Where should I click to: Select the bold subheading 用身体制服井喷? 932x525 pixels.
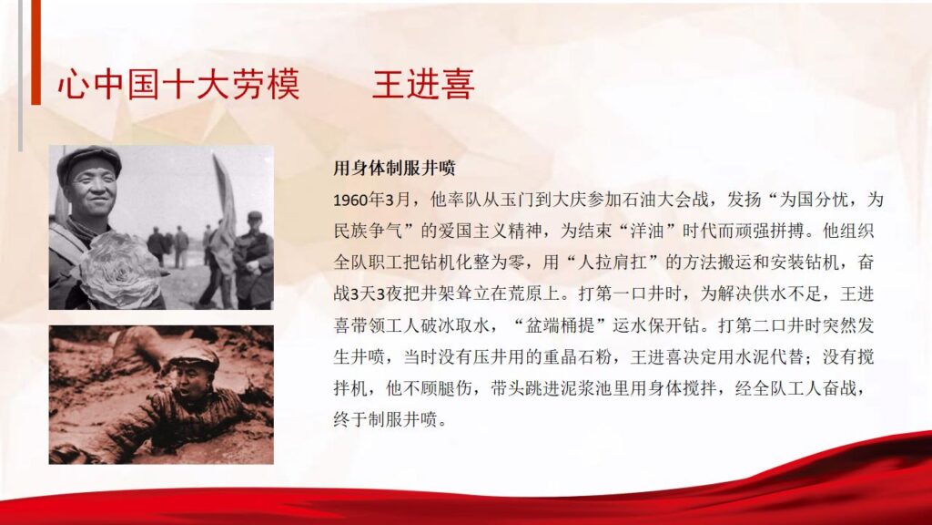[x=394, y=169]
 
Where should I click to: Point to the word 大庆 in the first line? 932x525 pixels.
[x=561, y=200]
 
